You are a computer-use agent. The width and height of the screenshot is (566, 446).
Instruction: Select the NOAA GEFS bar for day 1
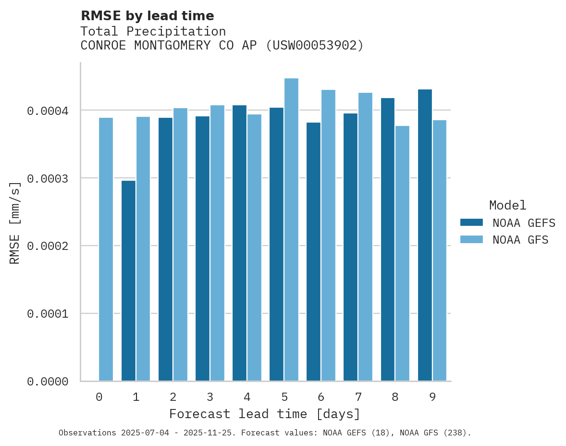click(128, 281)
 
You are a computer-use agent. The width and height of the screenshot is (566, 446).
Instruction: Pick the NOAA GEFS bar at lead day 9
click(425, 235)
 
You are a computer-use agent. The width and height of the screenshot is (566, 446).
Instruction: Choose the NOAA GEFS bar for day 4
click(239, 243)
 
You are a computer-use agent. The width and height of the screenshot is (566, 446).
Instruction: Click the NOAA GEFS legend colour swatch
click(471, 223)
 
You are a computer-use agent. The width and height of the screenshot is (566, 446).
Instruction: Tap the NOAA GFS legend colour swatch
click(471, 239)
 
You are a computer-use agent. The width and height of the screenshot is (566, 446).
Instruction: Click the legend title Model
click(507, 205)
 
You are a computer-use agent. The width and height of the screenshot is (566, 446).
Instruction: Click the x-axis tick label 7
click(358, 397)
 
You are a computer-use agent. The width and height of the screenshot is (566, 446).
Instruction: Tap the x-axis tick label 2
click(173, 397)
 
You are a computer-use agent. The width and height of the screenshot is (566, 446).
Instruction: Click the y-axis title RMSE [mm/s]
click(15, 223)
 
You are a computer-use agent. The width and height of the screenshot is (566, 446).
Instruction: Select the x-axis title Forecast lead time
click(265, 414)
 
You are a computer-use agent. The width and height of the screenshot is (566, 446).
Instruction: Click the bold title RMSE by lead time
click(147, 16)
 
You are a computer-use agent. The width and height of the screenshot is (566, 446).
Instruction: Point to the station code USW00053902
click(315, 45)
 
